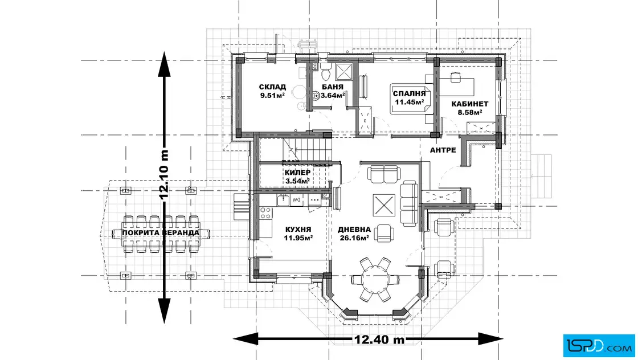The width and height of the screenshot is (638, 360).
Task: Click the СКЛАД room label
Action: [x=272, y=87]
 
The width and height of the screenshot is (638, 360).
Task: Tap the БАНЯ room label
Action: [x=333, y=87]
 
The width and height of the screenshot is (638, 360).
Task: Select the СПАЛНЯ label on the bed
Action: [x=409, y=93]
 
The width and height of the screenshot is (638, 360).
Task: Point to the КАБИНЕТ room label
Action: [x=469, y=104]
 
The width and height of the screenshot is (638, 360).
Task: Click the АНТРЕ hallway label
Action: [x=443, y=150]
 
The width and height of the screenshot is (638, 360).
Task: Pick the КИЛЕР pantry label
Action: [x=297, y=173]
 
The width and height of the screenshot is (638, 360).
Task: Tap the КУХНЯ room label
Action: [x=298, y=230]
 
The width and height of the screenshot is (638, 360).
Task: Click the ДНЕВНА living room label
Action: [x=354, y=230]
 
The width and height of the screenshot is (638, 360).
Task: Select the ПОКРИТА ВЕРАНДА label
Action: [x=161, y=233]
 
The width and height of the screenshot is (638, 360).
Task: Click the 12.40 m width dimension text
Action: [x=379, y=339]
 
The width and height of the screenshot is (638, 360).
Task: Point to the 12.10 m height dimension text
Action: [x=164, y=175]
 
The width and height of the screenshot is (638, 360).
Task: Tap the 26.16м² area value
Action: [x=354, y=238]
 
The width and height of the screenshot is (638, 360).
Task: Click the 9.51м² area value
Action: [x=272, y=96]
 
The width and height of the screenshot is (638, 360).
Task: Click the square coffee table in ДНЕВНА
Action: [x=384, y=205]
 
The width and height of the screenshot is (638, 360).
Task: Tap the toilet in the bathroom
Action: [x=325, y=73]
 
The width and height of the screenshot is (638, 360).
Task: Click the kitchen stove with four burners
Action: [x=265, y=212]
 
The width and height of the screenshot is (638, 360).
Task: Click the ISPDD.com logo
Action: [x=599, y=346]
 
